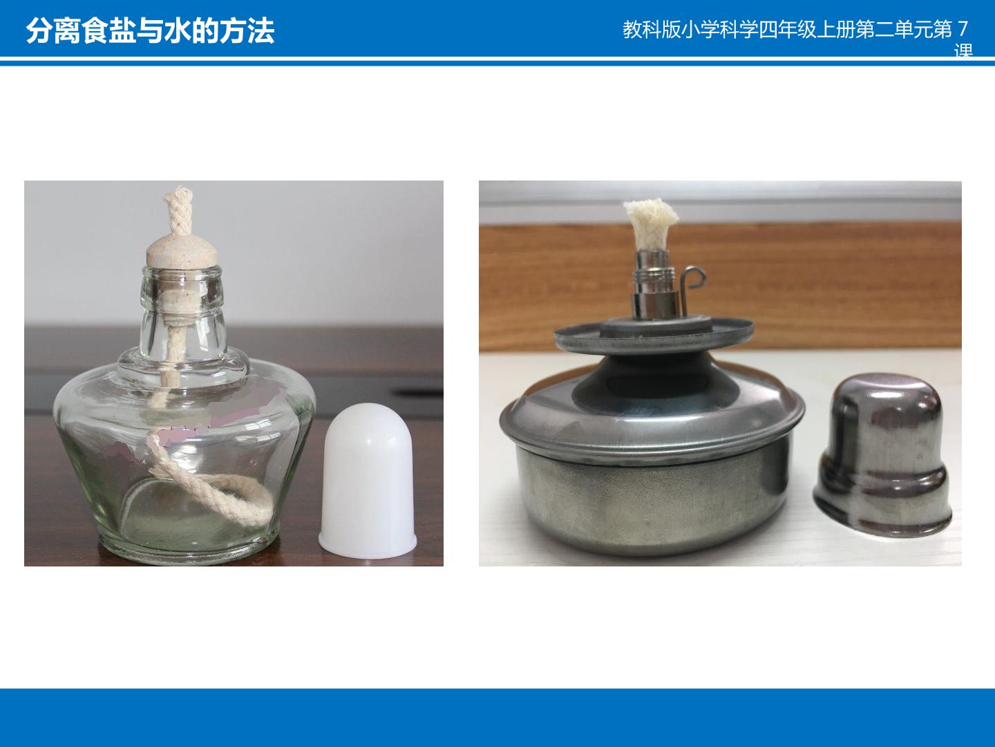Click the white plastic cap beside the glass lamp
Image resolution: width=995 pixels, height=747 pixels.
point(367,481)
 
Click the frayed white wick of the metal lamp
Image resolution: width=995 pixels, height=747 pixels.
point(651,224)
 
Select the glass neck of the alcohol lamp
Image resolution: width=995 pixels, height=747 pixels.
point(183,313)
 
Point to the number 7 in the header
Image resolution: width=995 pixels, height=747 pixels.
point(963,30)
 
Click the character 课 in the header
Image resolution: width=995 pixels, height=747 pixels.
point(963,50)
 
